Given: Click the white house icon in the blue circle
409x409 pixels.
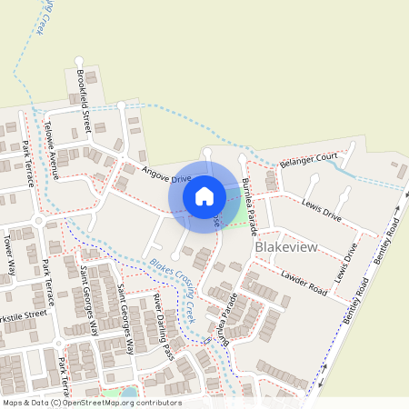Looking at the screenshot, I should pyautogui.click(x=204, y=195).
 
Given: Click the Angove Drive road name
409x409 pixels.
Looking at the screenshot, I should pyautogui.click(x=165, y=173).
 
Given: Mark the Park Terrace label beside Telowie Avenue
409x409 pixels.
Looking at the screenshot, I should pyautogui.click(x=28, y=164).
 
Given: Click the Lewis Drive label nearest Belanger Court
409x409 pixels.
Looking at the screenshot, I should pyautogui.click(x=321, y=211).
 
